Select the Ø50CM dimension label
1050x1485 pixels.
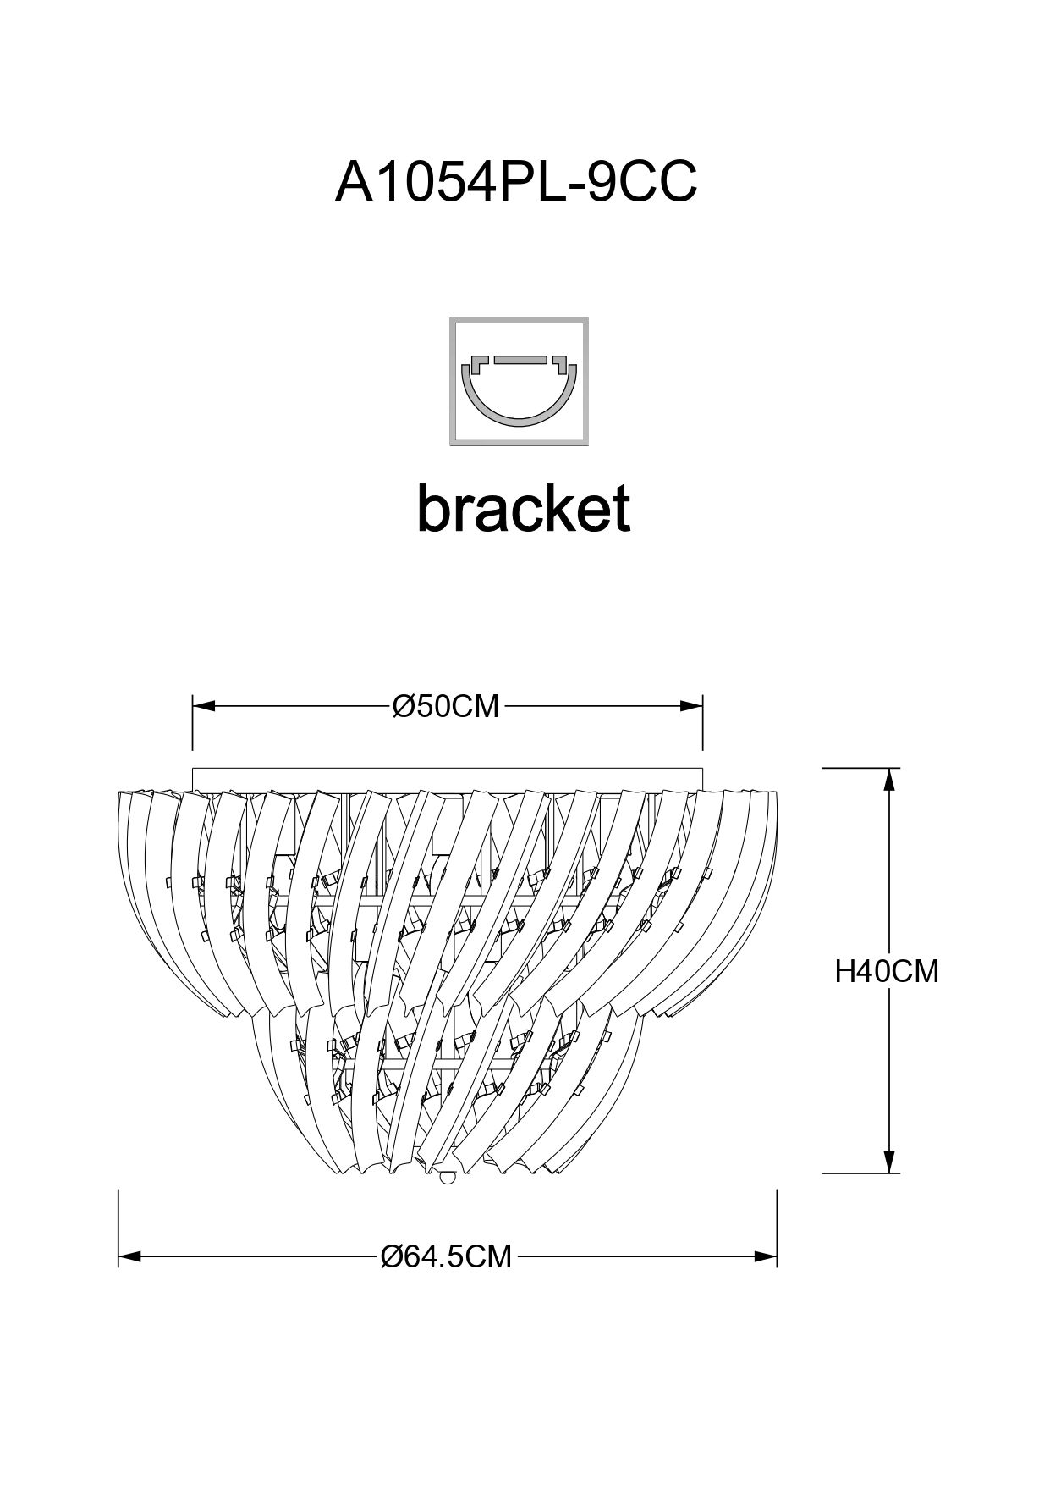(x=446, y=705)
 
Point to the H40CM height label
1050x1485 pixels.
(x=887, y=971)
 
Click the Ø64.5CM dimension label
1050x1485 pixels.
(x=447, y=1256)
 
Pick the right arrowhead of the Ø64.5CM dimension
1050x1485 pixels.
(x=767, y=1256)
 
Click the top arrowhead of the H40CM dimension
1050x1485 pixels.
(x=889, y=779)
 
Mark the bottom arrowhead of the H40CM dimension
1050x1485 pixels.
(x=889, y=1162)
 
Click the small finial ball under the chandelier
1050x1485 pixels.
(x=448, y=1176)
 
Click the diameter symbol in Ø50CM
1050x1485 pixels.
(x=403, y=705)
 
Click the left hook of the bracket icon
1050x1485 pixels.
(x=479, y=364)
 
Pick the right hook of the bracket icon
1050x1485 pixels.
(x=558, y=364)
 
